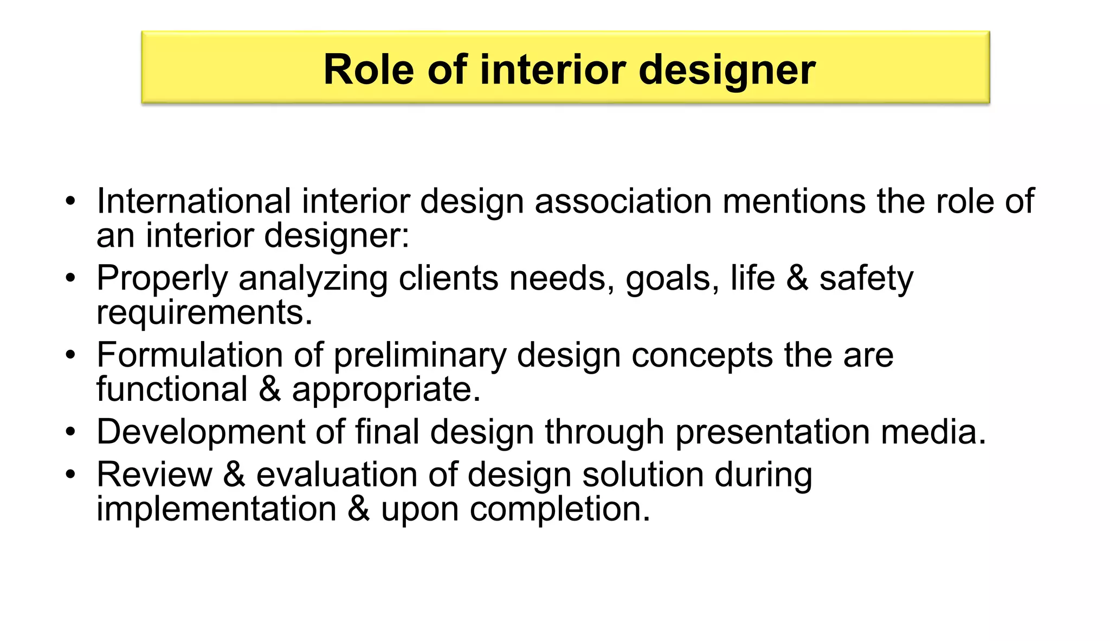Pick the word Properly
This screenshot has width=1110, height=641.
(x=162, y=279)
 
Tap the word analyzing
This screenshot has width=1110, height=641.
(x=313, y=279)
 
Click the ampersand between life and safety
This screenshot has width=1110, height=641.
(x=797, y=278)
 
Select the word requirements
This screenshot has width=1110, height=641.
(x=204, y=313)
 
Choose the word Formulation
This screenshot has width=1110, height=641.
(x=190, y=355)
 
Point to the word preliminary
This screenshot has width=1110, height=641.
(x=420, y=356)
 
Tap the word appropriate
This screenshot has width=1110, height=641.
(x=386, y=390)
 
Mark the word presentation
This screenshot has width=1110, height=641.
(x=772, y=433)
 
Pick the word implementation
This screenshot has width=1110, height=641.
(x=216, y=509)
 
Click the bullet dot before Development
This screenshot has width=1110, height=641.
(x=70, y=433)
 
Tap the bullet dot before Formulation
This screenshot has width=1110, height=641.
(x=70, y=356)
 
